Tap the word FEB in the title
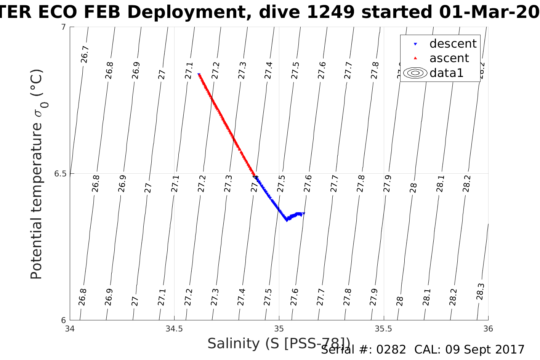pos(103,12)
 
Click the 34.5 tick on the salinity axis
pos(174,329)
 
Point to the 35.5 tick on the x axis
pos(383,329)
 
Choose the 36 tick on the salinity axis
pos(488,329)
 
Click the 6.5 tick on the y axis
pos(60,174)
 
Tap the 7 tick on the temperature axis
pos(64,27)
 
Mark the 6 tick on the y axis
pos(64,320)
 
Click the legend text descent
pos(453,44)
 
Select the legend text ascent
pos(449,58)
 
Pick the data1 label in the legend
pos(446,73)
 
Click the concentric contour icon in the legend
pos(415,73)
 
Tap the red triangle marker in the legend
pos(415,58)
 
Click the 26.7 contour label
pos(85,54)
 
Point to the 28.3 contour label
pos(480,291)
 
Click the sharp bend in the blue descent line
pos(287,220)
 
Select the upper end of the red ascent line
pos(199,75)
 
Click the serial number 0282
pos(391,349)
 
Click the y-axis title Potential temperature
pos(36,202)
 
